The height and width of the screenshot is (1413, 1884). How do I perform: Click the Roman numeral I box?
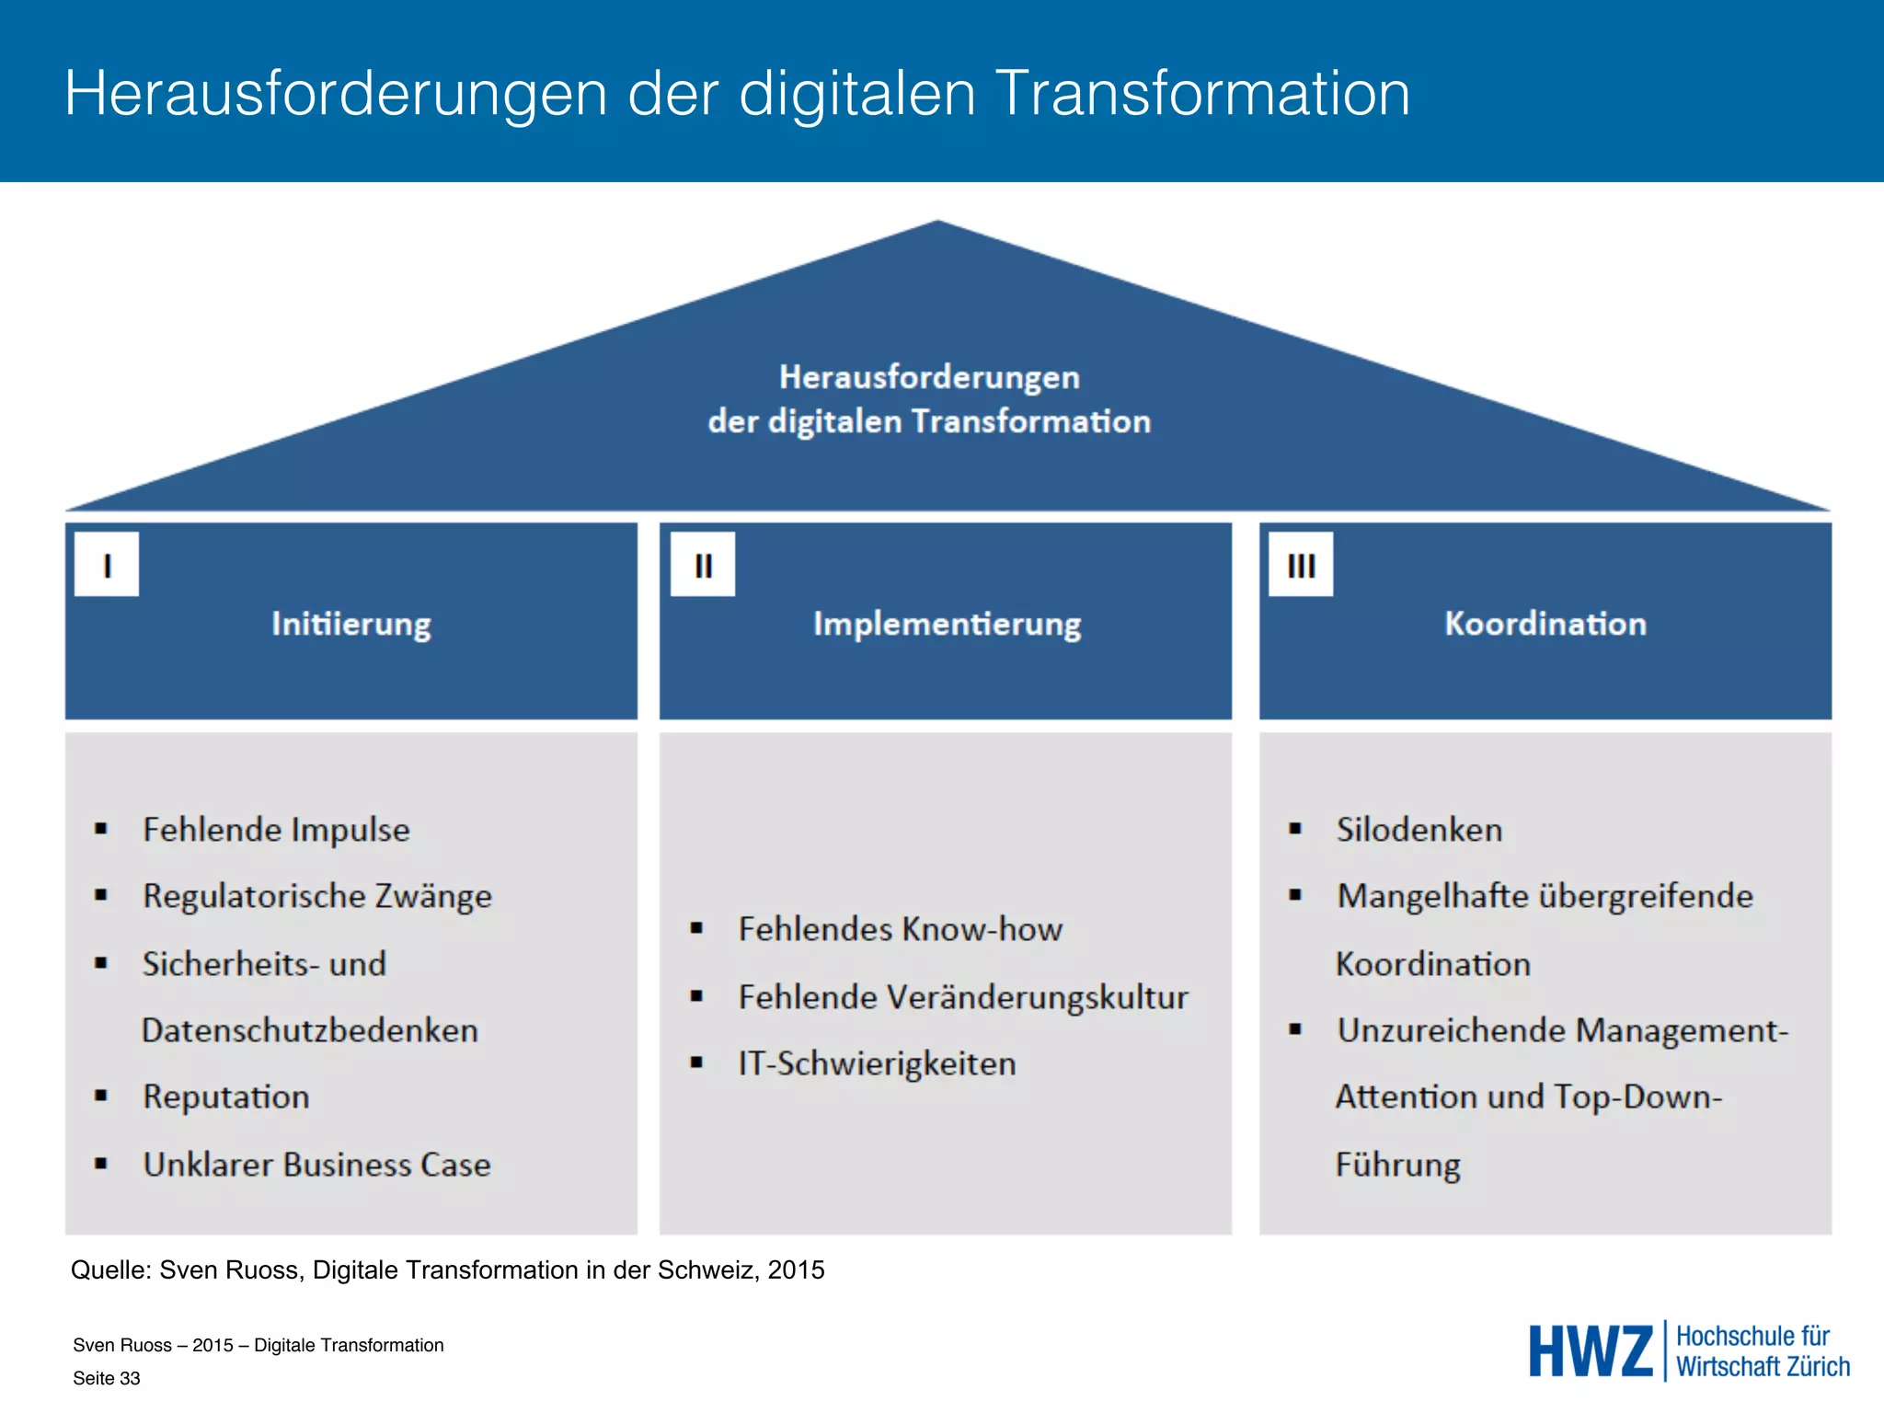tap(107, 564)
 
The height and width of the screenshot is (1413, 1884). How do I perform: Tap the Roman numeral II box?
tap(703, 564)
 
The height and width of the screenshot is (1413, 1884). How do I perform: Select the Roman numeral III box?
tap(1301, 564)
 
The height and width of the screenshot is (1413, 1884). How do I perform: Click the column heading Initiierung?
tap(351, 624)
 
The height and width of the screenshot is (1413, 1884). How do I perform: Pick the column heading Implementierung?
tap(947, 624)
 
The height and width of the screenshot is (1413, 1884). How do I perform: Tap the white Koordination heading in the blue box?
tap(1545, 624)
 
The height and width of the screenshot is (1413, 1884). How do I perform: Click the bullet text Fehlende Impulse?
tap(276, 830)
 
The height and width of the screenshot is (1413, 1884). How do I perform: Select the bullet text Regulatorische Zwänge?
tap(317, 896)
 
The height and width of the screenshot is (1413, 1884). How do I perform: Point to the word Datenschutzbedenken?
tap(310, 1030)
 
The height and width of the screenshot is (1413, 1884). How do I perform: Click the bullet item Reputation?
tap(226, 1097)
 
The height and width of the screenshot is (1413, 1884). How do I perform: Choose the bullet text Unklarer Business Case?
tap(316, 1165)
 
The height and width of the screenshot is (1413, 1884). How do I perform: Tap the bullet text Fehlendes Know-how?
tap(900, 929)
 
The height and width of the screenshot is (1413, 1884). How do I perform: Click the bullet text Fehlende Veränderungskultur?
tap(963, 997)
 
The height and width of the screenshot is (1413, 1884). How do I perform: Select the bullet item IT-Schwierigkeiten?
tap(877, 1063)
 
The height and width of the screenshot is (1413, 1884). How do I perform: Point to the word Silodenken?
tap(1419, 830)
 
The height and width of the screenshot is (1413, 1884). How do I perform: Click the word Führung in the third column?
tap(1398, 1165)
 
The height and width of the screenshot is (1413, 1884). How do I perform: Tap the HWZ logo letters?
tap(1591, 1351)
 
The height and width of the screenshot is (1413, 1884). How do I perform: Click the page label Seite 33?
tap(107, 1378)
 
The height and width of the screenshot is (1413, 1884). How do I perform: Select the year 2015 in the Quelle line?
tap(797, 1270)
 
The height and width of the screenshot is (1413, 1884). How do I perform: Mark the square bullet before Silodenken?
tap(1295, 829)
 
